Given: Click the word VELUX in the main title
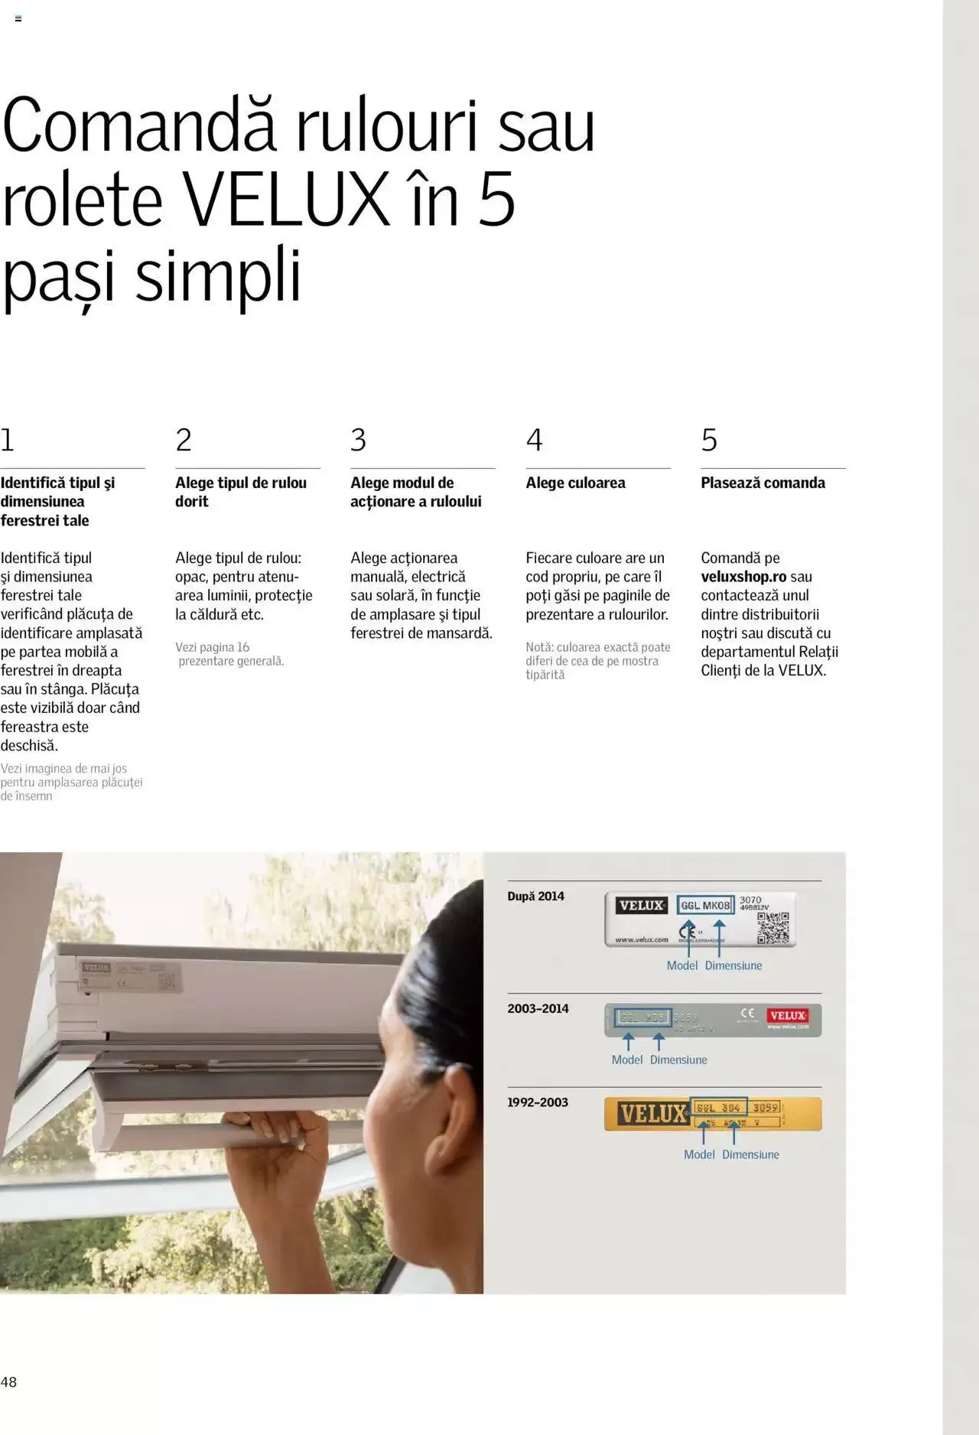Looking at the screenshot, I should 286,200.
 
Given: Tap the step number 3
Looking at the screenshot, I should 358,440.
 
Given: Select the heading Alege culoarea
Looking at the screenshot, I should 575,483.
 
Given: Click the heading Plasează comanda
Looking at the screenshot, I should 763,483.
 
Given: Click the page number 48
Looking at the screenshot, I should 8,1381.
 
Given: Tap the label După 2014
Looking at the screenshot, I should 535,896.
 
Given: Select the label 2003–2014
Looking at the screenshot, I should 538,1008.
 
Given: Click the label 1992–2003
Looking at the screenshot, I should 538,1102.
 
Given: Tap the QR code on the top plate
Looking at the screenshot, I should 772,927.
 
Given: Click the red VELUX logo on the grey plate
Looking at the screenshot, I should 788,1016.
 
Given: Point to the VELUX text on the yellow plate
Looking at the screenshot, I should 652,1114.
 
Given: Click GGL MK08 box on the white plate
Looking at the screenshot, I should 705,905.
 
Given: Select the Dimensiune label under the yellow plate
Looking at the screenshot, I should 750,1154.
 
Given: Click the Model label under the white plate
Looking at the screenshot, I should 681,965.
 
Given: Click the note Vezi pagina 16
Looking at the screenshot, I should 212,647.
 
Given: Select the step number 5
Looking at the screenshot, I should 709,440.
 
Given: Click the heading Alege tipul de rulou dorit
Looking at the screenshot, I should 240,492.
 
